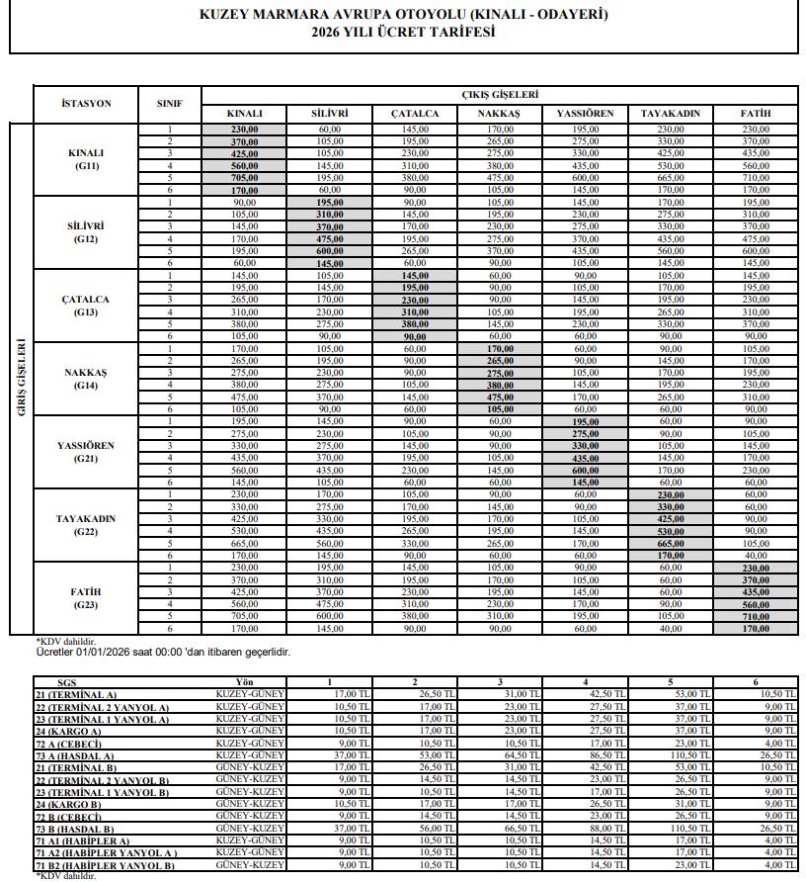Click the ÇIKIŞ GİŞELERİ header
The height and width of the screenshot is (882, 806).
500,95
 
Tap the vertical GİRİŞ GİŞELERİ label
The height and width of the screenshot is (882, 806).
20,379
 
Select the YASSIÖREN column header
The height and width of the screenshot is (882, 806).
585,114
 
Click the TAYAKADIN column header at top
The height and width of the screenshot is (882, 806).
670,114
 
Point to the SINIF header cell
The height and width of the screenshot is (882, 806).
169,104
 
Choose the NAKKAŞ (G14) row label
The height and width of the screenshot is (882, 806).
86,379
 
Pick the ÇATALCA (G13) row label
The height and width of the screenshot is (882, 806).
86,306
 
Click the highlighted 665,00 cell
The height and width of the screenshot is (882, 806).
670,542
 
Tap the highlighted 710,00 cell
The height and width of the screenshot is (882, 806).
756,615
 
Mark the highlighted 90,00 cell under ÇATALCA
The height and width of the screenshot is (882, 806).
415,336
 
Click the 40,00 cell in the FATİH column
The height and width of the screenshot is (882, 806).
756,556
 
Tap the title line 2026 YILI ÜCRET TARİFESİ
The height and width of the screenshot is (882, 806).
403,32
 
